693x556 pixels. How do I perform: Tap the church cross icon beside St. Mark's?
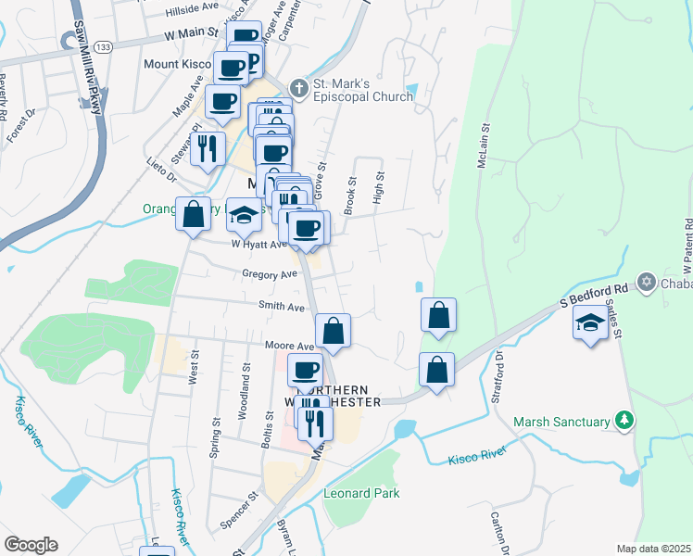point(298,88)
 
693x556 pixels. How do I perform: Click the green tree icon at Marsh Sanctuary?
point(625,421)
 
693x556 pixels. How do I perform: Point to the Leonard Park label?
point(361,493)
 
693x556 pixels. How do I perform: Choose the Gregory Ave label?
point(270,274)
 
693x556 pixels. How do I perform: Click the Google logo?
point(31,545)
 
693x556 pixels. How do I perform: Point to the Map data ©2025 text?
point(653,549)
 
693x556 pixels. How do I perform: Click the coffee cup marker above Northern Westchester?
point(305,371)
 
